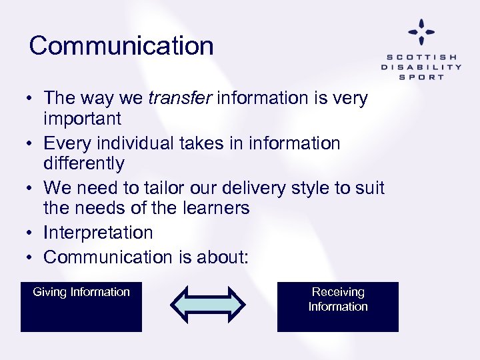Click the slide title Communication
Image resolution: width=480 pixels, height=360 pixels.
coord(121,46)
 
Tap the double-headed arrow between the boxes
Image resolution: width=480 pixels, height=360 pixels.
coord(208,304)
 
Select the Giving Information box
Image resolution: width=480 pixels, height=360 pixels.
coord(81,307)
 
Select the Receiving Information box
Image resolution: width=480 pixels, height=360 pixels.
coord(338,307)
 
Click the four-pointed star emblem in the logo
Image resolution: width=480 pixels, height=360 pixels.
coord(421,31)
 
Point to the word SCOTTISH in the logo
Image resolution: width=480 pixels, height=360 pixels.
coord(421,57)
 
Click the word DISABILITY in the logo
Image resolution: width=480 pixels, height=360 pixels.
coord(421,67)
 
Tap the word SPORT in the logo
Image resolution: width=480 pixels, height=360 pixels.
coord(421,77)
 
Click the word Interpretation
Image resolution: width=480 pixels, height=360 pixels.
coord(98,233)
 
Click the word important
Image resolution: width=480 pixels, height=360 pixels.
coord(82,119)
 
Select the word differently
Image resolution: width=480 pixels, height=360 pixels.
coord(83,163)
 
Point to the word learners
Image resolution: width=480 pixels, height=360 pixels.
coord(218,208)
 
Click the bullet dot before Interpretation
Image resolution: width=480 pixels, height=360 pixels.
coord(31,233)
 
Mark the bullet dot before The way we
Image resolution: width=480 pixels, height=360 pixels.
coord(31,99)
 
